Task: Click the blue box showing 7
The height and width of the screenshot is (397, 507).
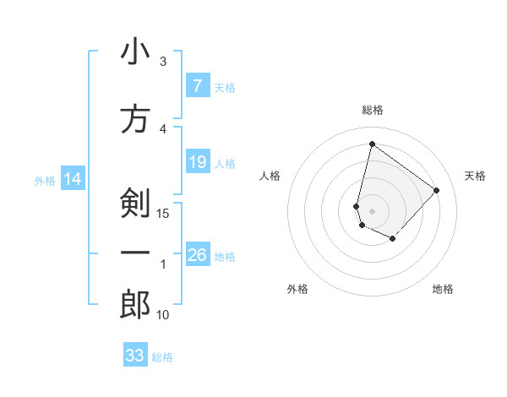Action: pyautogui.click(x=197, y=86)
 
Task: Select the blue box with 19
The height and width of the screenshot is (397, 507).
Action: pyautogui.click(x=197, y=162)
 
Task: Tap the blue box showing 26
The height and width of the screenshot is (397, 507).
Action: pyautogui.click(x=197, y=255)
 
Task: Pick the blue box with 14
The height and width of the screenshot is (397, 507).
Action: pyautogui.click(x=73, y=179)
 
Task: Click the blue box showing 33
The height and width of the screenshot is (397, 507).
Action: pyautogui.click(x=135, y=356)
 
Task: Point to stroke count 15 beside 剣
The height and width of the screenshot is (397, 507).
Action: pyautogui.click(x=164, y=213)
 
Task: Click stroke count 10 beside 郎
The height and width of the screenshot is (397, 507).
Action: pyautogui.click(x=164, y=314)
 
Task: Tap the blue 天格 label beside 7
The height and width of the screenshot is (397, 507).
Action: pyautogui.click(x=225, y=87)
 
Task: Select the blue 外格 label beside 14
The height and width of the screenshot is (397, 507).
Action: pyautogui.click(x=45, y=180)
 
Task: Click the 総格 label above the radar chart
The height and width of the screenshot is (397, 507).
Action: pyautogui.click(x=372, y=110)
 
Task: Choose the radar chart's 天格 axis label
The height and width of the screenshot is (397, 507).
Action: pyautogui.click(x=475, y=176)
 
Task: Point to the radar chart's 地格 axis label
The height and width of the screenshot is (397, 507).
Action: pyautogui.click(x=443, y=289)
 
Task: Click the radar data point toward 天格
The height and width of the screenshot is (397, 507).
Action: pyautogui.click(x=436, y=190)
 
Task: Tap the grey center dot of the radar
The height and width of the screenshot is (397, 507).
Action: pyautogui.click(x=372, y=210)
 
